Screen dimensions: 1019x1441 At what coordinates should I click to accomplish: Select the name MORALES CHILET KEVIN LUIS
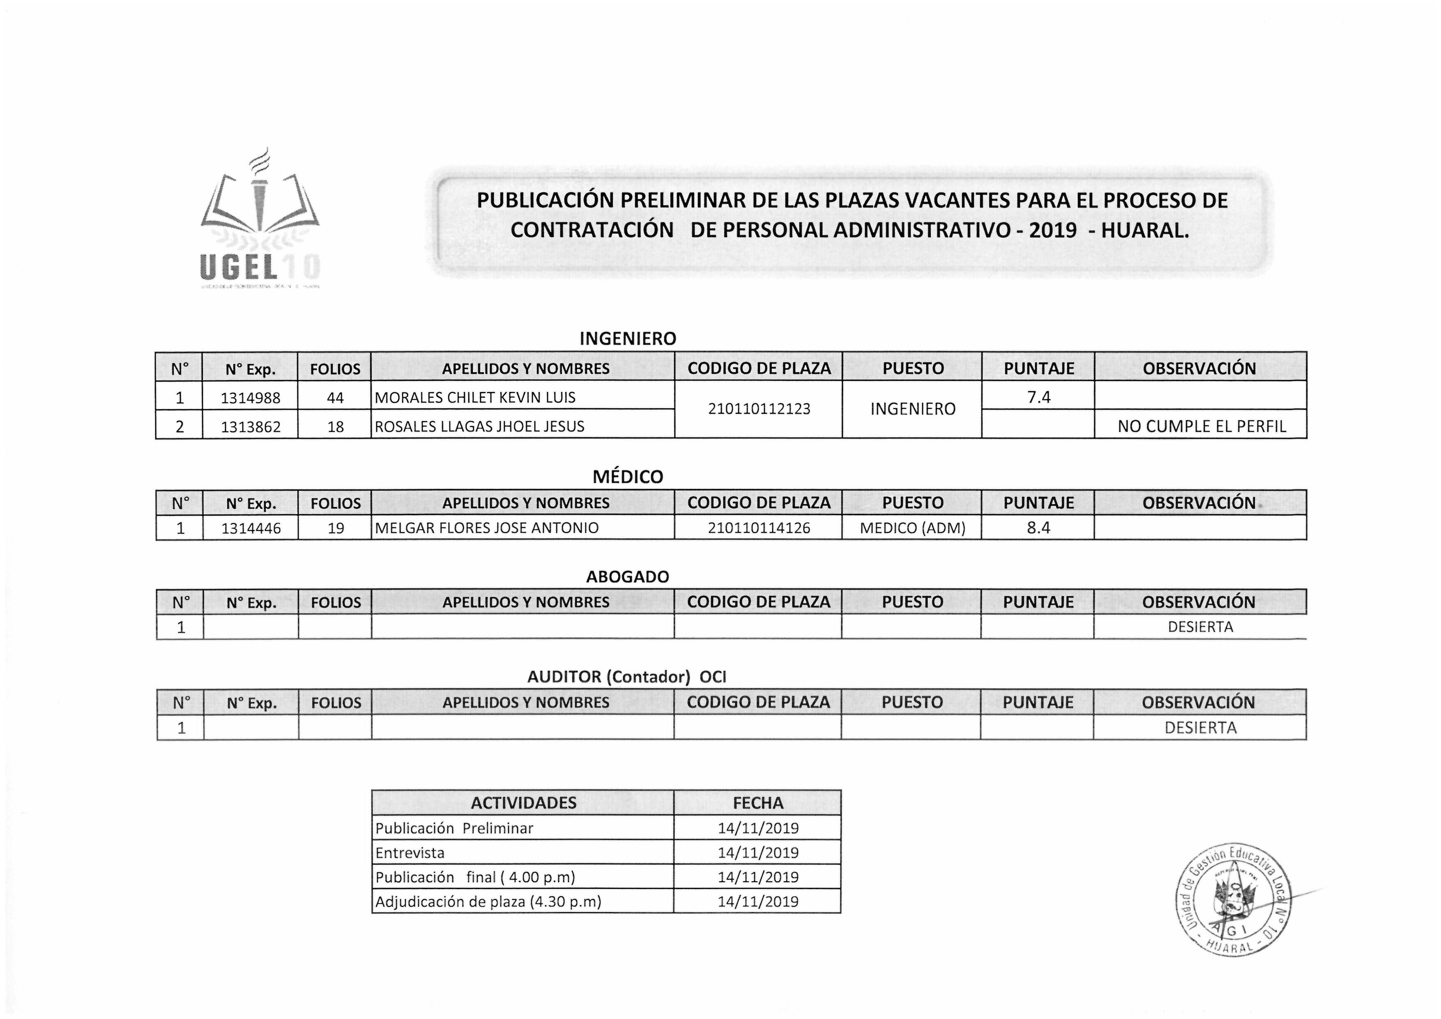(x=475, y=397)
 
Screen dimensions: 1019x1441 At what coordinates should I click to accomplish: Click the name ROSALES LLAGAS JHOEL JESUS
(x=479, y=427)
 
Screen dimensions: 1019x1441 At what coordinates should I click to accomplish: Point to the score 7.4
(x=1039, y=397)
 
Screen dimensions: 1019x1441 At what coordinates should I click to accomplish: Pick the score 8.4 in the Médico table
(x=1039, y=528)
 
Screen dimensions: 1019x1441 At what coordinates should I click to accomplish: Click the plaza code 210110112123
(x=759, y=409)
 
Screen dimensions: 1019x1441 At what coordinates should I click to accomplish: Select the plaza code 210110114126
(x=759, y=528)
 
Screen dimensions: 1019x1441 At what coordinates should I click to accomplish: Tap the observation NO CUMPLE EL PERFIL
(x=1201, y=427)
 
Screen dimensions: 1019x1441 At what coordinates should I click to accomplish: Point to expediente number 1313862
(x=251, y=427)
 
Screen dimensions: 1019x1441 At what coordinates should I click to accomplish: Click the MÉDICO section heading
(x=628, y=477)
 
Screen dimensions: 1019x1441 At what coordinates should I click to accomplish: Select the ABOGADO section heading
(x=628, y=577)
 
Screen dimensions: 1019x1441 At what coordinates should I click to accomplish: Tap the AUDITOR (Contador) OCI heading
(x=626, y=677)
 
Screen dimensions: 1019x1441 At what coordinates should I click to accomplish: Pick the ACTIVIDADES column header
(x=523, y=803)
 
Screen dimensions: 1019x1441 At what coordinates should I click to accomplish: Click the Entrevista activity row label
(x=410, y=853)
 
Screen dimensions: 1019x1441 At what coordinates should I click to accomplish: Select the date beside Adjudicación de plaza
(x=758, y=901)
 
